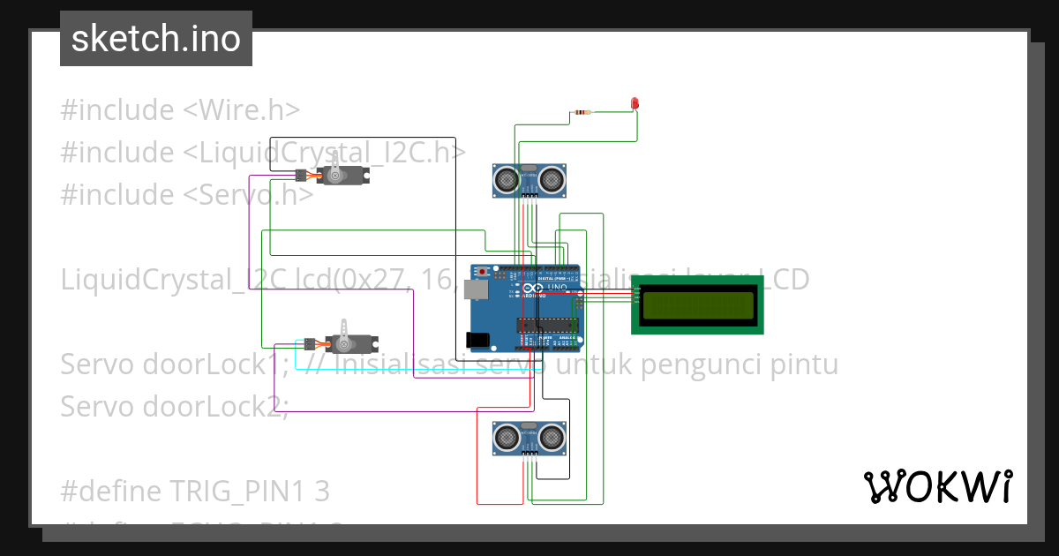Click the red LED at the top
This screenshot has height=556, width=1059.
634,104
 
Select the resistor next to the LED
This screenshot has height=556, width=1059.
582,112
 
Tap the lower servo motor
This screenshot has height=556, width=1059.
350,342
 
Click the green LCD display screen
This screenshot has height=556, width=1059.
699,305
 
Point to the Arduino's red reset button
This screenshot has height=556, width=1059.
484,272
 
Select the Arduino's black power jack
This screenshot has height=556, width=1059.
477,339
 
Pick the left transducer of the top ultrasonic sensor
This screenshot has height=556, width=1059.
506,180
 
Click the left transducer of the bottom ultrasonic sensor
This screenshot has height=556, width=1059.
506,436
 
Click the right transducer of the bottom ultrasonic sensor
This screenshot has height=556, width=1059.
552,436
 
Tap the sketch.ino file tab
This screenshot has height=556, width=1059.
156,39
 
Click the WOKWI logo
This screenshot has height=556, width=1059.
937,486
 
